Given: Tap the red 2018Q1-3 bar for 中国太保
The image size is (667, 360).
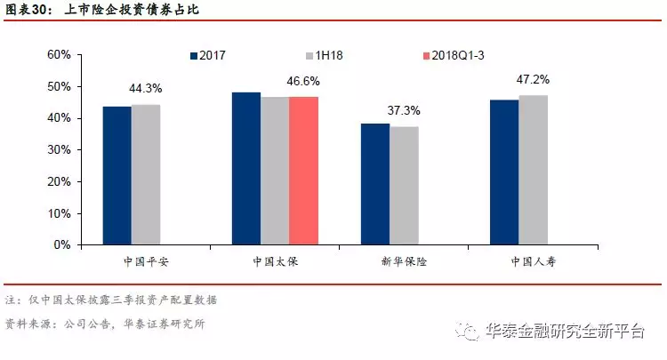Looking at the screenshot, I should [x=303, y=171].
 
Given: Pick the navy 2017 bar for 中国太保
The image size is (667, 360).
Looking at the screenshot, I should [x=246, y=168].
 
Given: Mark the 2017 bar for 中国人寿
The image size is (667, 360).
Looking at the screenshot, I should [x=504, y=172].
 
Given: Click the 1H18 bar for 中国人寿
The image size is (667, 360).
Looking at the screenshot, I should [x=533, y=170].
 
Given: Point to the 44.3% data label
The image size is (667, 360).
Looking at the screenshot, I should [x=146, y=89].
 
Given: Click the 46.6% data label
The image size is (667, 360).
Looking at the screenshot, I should [x=304, y=81].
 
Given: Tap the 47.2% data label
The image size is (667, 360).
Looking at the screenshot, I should [x=534, y=80].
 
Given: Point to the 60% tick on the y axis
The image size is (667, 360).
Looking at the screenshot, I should [x=59, y=54].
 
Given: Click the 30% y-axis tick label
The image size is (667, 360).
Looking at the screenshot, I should [x=59, y=149].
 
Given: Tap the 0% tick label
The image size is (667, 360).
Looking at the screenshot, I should [x=62, y=244].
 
